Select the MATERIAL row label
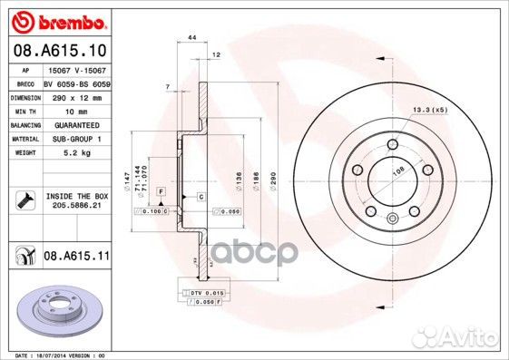(x=24, y=139)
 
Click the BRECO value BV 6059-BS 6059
(x=76, y=82)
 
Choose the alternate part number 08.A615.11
(x=75, y=259)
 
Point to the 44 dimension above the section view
(x=191, y=38)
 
